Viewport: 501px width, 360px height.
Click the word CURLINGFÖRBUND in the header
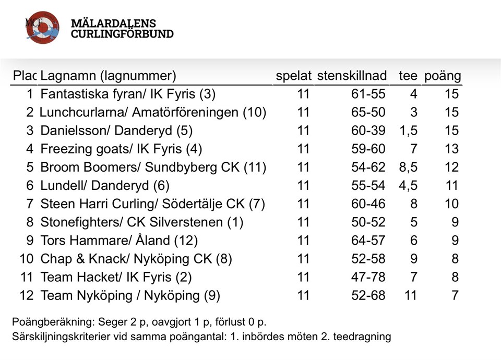click(122, 34)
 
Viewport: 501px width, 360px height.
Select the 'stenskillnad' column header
click(352, 76)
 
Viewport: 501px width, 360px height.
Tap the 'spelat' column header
click(293, 76)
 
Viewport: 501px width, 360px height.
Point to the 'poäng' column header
click(442, 76)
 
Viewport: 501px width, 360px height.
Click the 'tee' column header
click(408, 76)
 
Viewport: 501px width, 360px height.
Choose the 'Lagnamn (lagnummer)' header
click(108, 76)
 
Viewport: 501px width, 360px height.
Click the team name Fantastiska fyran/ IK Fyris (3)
click(128, 94)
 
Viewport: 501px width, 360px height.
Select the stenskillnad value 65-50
click(368, 113)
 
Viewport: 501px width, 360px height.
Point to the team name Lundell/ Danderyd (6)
click(105, 186)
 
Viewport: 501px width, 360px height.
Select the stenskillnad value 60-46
click(368, 204)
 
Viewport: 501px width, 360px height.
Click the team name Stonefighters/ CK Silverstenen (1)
click(142, 223)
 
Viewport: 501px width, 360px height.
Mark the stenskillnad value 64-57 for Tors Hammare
click(368, 241)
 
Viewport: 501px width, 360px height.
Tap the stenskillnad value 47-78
click(368, 278)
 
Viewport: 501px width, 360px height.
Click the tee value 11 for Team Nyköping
click(411, 296)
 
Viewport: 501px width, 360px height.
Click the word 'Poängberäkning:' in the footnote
click(44, 321)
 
